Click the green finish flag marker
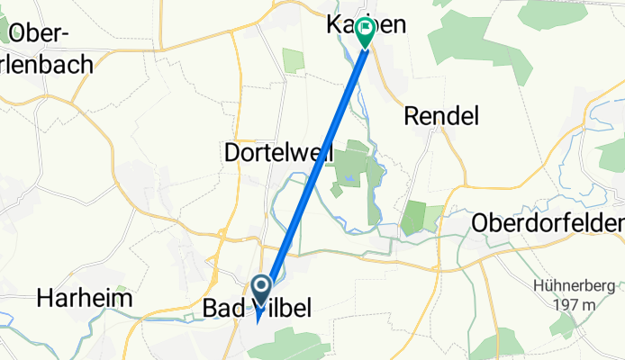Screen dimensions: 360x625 tap(366, 32)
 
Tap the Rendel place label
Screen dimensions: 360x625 tap(440, 115)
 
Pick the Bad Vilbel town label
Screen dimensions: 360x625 tap(253, 309)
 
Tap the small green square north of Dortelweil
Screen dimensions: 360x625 tap(294, 60)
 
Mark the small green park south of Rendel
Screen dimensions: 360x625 tap(413, 217)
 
